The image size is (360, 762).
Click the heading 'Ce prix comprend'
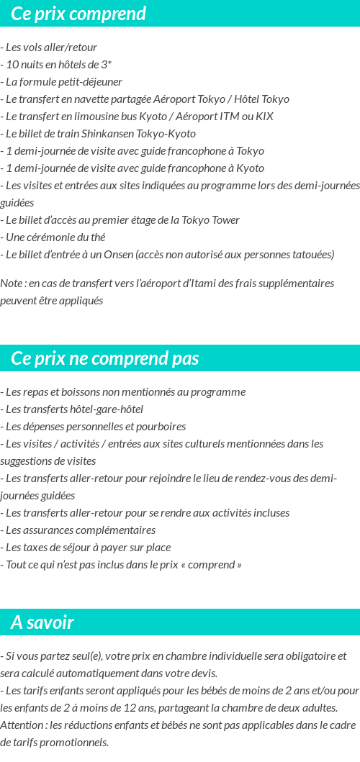[78, 14]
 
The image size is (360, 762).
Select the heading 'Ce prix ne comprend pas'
[105, 358]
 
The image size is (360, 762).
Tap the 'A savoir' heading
[42, 622]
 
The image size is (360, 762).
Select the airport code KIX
[265, 117]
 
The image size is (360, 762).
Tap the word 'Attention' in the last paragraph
[23, 725]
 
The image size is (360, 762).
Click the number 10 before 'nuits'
[12, 65]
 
